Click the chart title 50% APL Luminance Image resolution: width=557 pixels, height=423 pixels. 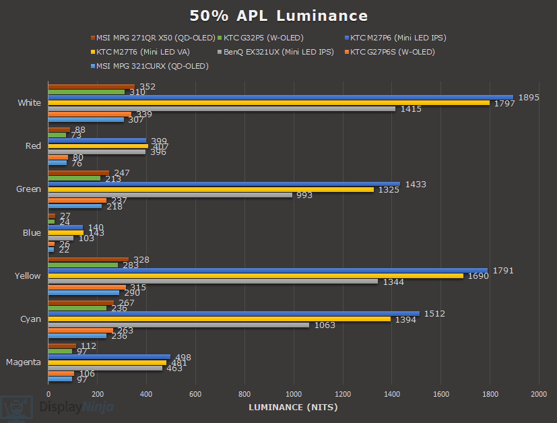coord(278,16)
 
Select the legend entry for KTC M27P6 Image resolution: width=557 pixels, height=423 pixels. coord(398,38)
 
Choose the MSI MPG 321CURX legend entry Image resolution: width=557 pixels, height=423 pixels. coord(152,66)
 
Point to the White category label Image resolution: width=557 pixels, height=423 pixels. coord(30,103)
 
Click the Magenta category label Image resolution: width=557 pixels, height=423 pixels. coord(24,362)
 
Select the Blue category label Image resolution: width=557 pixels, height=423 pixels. coord(32,233)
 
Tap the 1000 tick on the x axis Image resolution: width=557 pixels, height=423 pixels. coord(294,393)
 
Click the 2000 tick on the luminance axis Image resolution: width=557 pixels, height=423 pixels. coord(538,393)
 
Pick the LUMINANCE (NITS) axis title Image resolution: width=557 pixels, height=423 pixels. coord(293,407)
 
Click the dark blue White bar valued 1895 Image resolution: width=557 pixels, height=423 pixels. coord(280,98)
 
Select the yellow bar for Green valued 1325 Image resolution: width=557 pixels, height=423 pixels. coord(211,190)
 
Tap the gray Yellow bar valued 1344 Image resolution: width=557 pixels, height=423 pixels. coord(213,282)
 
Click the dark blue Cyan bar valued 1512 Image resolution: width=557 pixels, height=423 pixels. coord(234,314)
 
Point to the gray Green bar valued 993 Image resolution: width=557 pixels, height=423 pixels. coord(170,195)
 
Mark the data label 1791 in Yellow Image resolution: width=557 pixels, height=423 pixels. coord(503,271)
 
